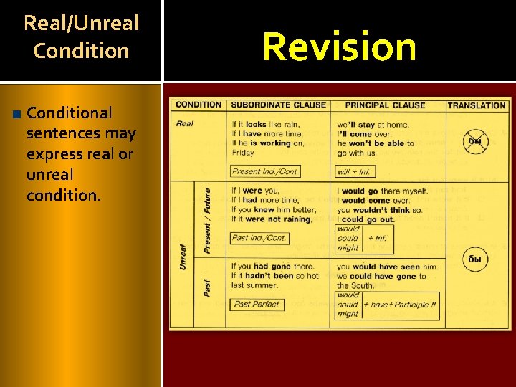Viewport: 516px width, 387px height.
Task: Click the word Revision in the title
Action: tap(339, 47)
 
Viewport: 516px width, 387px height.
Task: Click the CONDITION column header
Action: tap(199, 105)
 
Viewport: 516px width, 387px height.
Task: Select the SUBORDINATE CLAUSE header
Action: tap(278, 105)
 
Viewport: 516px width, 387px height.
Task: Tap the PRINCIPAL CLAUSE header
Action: tap(385, 105)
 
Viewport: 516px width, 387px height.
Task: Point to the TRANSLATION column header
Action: tap(477, 105)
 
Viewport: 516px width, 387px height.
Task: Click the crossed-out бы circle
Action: tap(474, 141)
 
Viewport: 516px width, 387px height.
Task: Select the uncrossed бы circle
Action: tap(474, 258)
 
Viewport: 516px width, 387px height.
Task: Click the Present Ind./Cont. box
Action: tap(265, 171)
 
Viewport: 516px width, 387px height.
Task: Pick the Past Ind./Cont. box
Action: tap(259, 238)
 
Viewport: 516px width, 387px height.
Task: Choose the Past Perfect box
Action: tap(257, 304)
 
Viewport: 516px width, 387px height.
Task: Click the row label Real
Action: tap(185, 123)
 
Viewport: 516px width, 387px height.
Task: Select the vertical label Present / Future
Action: tap(207, 220)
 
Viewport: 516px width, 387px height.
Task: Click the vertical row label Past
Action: tap(207, 288)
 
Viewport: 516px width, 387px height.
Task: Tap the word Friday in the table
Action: tap(243, 153)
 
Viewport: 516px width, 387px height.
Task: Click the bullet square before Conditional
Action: tap(16, 113)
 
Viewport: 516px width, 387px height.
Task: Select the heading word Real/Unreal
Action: tap(81, 23)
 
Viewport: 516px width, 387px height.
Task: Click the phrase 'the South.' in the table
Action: tap(356, 285)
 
